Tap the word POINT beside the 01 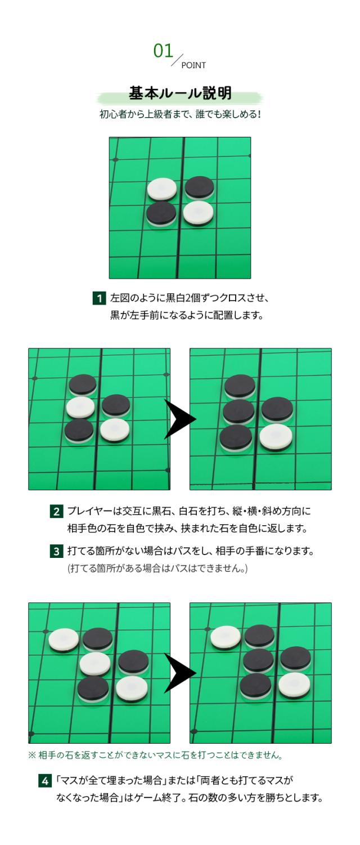point(193,65)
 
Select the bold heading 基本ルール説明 point(179,93)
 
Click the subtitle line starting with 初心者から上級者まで point(179,114)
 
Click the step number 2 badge point(56,511)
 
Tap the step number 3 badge point(56,551)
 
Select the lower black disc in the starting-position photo point(161,213)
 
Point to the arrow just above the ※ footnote point(180,673)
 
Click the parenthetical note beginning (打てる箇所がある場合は point(157,569)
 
